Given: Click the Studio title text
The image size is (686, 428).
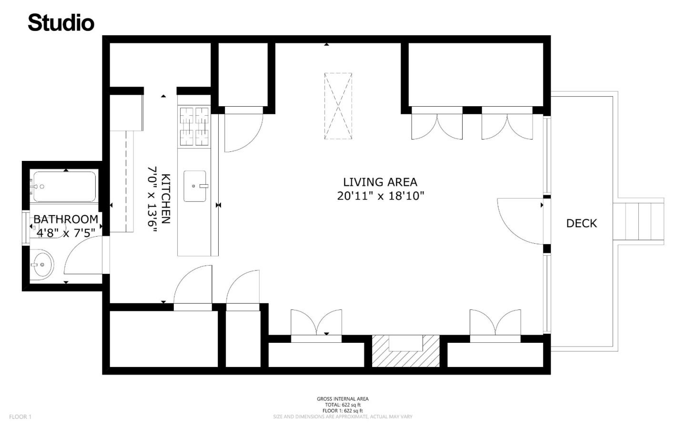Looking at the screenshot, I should tap(61, 23).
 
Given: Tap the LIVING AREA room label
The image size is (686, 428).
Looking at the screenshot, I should tap(380, 182).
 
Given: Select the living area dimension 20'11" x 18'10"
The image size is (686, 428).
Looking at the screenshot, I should tap(380, 196).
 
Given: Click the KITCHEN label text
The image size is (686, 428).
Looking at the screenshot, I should tap(165, 199).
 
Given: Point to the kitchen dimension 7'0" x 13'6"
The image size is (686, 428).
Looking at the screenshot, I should tap(152, 199).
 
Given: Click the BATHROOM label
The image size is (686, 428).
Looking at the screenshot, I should tap(66, 219).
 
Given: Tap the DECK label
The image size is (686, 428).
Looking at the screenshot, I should tap(581, 223).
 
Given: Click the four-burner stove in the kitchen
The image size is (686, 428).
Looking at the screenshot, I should tap(194, 126).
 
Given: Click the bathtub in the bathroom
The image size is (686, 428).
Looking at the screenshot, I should tap(64, 186).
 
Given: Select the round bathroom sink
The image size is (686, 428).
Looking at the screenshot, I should tap(42, 264).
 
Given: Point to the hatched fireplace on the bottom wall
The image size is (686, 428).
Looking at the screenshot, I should tap(405, 351).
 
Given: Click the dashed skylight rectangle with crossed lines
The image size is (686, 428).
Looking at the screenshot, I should tap(338, 106).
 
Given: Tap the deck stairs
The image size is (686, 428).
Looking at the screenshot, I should tap(638, 222).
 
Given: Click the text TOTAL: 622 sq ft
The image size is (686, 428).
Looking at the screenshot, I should tap(343, 405).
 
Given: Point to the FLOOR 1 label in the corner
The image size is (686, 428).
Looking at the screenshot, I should tap(20, 417).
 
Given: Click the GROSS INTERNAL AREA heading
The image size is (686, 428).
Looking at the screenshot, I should tap(343, 399).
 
